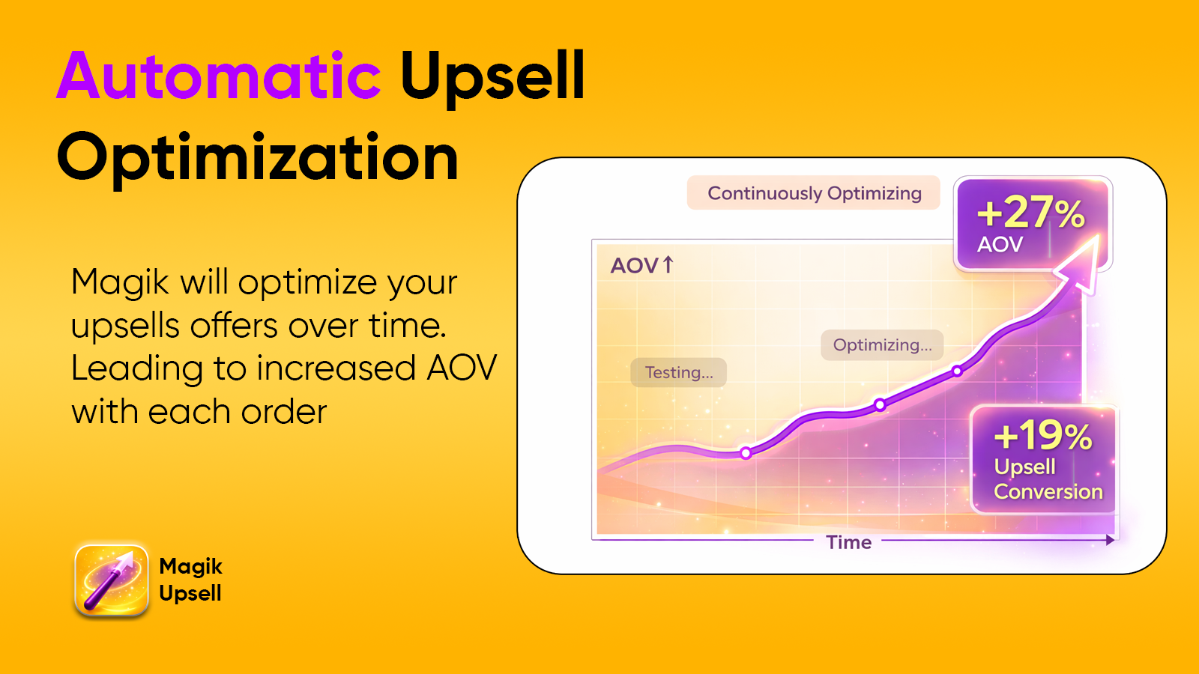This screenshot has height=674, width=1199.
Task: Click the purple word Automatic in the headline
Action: click(x=219, y=76)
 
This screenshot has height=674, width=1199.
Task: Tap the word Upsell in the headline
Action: click(x=492, y=76)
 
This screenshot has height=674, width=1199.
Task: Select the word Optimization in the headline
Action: click(x=258, y=157)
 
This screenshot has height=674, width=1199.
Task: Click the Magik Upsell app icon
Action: click(x=112, y=580)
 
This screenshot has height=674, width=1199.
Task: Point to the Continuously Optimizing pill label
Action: click(x=814, y=193)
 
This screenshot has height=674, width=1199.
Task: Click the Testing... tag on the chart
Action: click(x=679, y=372)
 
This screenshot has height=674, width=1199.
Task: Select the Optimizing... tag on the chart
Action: click(x=882, y=345)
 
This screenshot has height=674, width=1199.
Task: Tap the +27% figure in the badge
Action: click(x=1030, y=213)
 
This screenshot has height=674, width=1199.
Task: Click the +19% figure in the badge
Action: click(x=1042, y=435)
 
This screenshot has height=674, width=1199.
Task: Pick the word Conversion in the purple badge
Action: click(x=1048, y=492)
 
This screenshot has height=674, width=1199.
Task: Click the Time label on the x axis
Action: click(x=848, y=542)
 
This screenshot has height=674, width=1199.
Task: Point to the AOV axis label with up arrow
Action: click(x=642, y=265)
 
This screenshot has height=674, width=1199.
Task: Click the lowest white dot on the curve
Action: click(x=746, y=453)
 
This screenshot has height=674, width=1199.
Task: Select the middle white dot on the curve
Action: click(x=880, y=405)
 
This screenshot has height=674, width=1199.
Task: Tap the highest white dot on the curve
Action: click(x=957, y=371)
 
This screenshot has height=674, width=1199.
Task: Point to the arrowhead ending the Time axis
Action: click(x=1111, y=540)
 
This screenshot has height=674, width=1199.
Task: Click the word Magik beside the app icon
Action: click(x=190, y=567)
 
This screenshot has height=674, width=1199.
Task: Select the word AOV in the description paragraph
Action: click(x=461, y=368)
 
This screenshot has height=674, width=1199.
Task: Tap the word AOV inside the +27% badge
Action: click(x=1000, y=244)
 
